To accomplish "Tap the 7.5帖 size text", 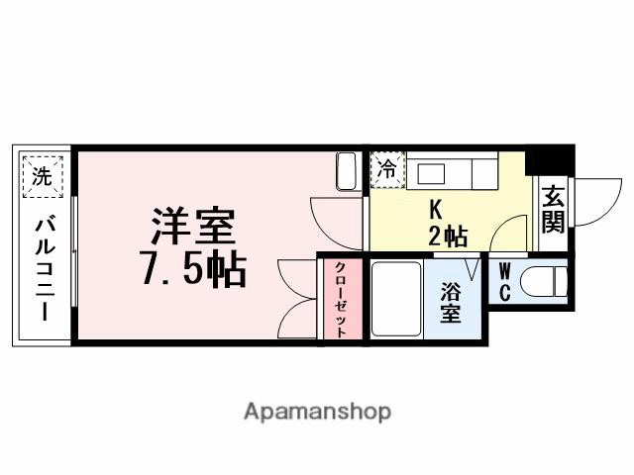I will tap(194, 267).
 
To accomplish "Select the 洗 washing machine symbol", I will tap(41, 178).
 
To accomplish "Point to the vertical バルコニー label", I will tap(43, 267).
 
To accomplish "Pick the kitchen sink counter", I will tap(452, 172).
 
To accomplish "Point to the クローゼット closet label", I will tap(340, 300).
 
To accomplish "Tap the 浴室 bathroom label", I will tap(452, 303).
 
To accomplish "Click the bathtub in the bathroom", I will tap(397, 298).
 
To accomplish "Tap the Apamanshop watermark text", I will tap(317, 411).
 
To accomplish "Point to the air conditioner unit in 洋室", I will tap(347, 171).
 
